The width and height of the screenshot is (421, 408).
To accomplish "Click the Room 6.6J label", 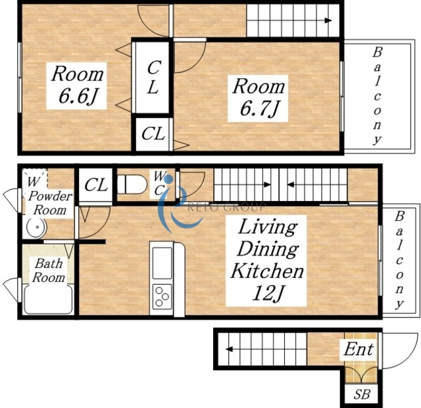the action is pos(77,85).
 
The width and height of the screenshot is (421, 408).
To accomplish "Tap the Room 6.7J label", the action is pos(258,98).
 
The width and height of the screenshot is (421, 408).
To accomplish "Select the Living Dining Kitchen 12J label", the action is pos(266,260).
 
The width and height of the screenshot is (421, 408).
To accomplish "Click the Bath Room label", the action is pos(49,271).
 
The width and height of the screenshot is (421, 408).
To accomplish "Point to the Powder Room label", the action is pos(50,203).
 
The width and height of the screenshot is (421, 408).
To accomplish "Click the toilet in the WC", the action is pos(132,184).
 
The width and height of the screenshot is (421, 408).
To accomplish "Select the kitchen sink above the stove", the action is pos(162,263).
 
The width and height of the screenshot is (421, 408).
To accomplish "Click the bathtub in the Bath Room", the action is pos(48,299).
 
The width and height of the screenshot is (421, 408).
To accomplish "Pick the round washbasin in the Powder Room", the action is pos(37,227).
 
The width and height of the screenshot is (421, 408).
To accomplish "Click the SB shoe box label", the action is pos(361,394).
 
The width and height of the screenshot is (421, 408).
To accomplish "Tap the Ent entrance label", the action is pos(359,350).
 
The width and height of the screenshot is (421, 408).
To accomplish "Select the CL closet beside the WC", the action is pos(96,185).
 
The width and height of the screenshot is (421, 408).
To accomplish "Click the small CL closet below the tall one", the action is pos(153,134).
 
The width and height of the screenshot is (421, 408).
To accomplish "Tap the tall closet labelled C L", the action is pos(153,78).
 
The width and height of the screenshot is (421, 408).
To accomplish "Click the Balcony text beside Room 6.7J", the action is pos(377,96).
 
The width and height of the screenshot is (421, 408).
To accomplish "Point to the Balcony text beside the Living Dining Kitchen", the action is pos(399,260).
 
